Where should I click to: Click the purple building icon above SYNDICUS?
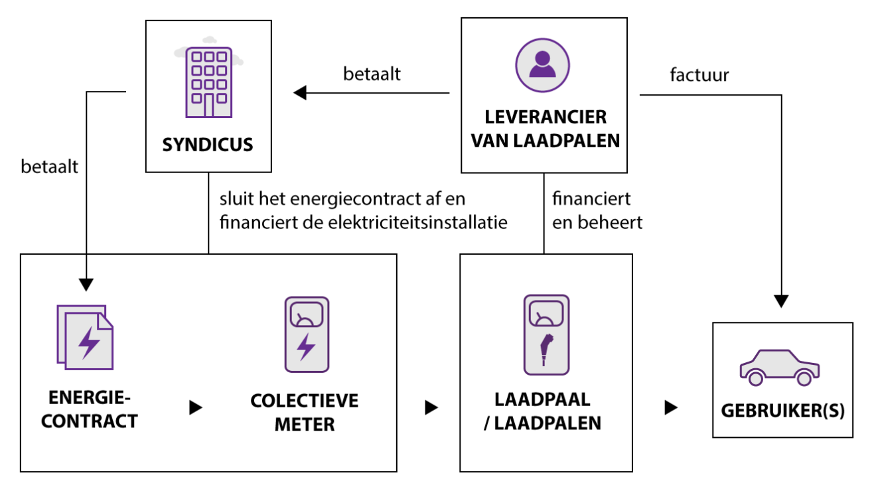click(x=209, y=82)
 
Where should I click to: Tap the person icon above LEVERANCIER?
click(x=542, y=65)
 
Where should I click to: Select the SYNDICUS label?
click(x=208, y=145)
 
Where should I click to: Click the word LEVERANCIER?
click(x=546, y=117)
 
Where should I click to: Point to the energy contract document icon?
click(x=85, y=337)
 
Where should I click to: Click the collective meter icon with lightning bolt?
click(x=307, y=334)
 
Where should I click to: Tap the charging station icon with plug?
click(x=546, y=335)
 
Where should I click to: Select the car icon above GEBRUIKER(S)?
click(x=779, y=368)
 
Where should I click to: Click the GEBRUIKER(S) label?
click(x=782, y=411)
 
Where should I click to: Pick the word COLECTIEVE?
click(x=304, y=401)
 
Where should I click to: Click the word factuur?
click(x=699, y=75)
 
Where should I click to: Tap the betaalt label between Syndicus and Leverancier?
click(x=372, y=74)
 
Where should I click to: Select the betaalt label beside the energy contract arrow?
click(x=49, y=167)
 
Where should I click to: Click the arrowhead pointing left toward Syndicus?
click(x=300, y=93)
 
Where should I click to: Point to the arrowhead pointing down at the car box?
click(x=781, y=301)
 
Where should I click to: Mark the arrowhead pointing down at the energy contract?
click(x=86, y=285)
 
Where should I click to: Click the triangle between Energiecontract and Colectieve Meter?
click(x=196, y=407)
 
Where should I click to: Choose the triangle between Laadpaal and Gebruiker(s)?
click(x=671, y=407)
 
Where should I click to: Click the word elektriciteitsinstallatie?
click(x=417, y=222)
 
